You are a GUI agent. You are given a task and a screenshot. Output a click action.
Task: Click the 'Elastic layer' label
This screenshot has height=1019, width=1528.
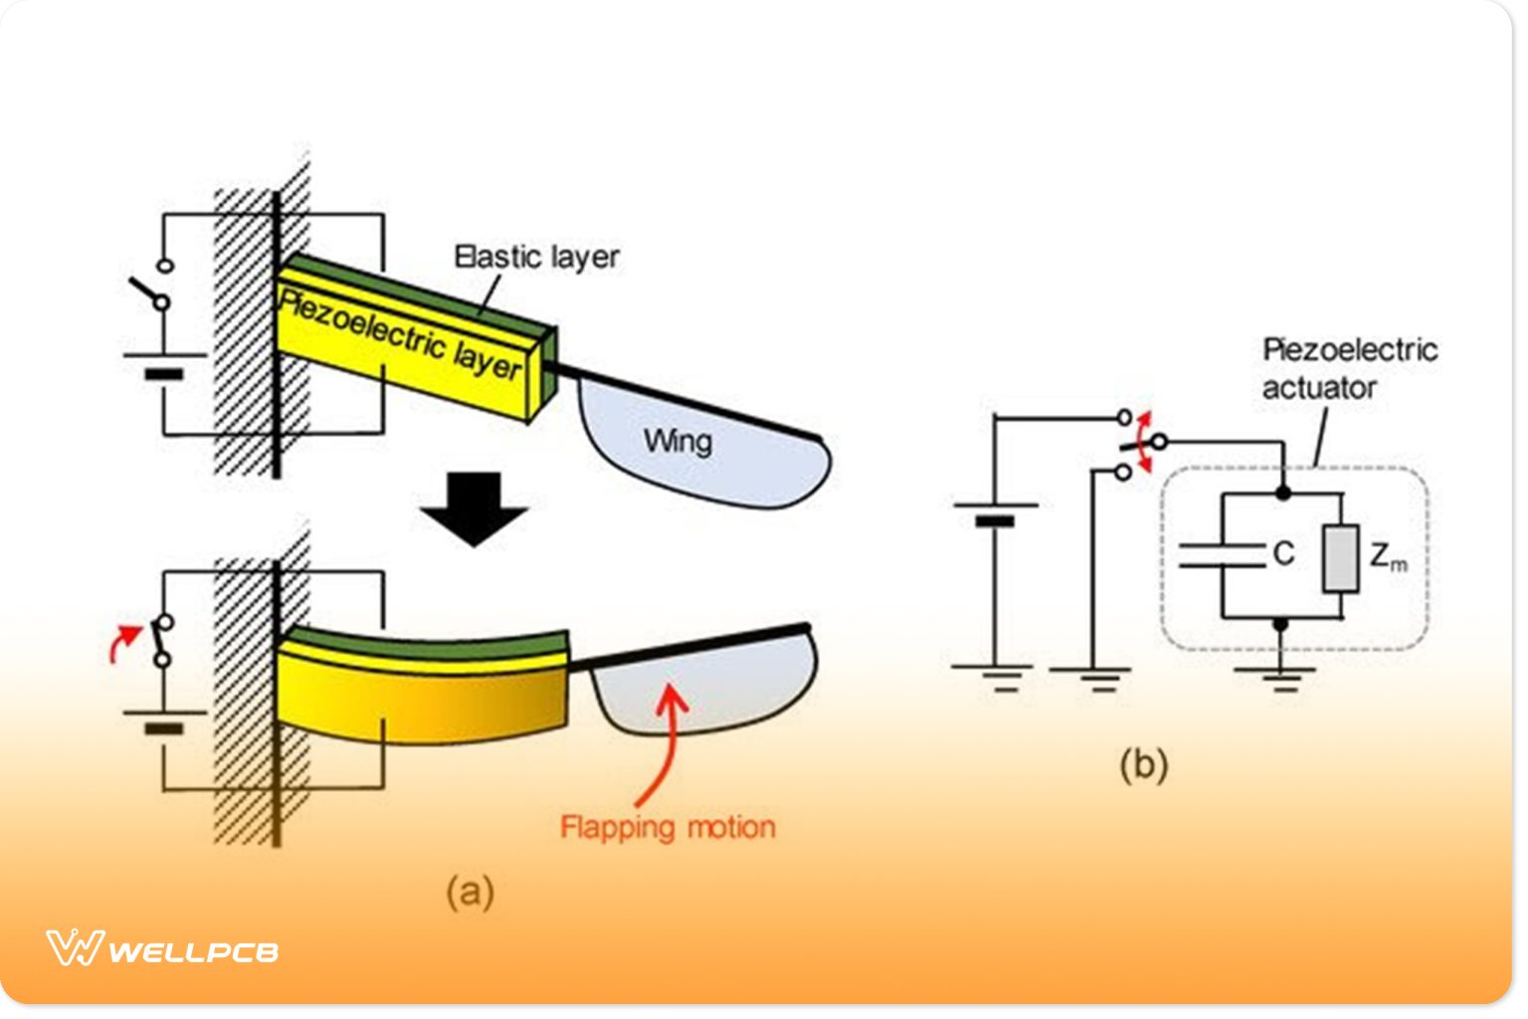click(536, 257)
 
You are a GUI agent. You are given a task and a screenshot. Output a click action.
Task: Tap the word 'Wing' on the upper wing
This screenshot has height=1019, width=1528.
click(677, 440)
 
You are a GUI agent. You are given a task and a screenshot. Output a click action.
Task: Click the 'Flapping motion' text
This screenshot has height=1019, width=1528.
click(668, 827)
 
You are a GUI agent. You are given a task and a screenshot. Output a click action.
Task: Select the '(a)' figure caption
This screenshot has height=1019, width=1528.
click(470, 891)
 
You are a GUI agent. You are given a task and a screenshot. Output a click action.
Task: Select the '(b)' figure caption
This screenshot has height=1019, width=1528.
click(1143, 764)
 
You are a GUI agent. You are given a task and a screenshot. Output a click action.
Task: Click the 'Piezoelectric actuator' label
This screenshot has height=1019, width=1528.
click(1349, 368)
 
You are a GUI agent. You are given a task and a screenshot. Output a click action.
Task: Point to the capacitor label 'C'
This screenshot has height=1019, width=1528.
click(1284, 553)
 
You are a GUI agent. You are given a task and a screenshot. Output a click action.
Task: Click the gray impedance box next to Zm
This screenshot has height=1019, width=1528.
click(1340, 559)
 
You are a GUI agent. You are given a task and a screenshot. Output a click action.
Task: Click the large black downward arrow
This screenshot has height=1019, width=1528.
click(474, 509)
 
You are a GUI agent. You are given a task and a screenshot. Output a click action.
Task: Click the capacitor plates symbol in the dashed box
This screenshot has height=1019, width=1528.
click(1222, 555)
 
